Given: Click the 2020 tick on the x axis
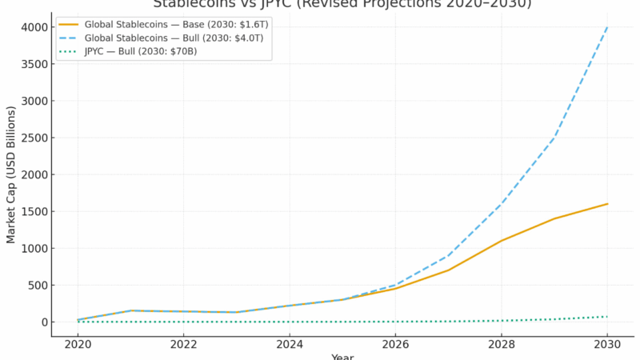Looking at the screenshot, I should [x=78, y=344].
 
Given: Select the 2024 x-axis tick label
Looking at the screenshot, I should [x=290, y=344].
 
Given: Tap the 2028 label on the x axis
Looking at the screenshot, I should [x=502, y=344].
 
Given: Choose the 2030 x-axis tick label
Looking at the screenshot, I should [x=607, y=344].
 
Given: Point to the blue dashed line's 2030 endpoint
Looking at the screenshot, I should [x=607, y=27].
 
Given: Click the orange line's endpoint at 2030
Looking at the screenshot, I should [x=607, y=204].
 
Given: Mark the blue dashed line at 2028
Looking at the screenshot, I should [x=502, y=204].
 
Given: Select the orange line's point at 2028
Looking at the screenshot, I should [x=502, y=241].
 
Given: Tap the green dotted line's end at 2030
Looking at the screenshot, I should [x=607, y=317].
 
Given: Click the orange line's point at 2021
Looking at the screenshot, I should [x=130, y=310].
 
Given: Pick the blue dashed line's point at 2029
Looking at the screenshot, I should [x=554, y=138].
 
